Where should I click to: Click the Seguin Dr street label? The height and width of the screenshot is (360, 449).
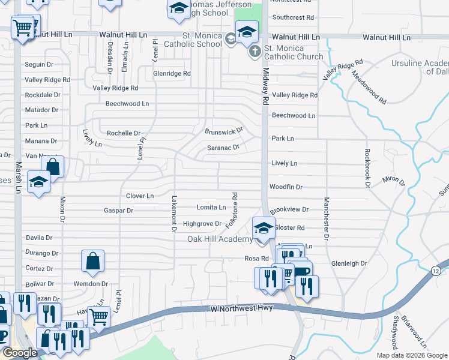[39, 65]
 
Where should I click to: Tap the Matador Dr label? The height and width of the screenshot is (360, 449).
[41, 110]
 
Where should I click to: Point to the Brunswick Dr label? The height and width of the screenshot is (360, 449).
[224, 131]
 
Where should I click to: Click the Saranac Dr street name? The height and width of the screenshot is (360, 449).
[223, 147]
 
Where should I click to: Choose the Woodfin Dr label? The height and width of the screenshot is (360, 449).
[286, 187]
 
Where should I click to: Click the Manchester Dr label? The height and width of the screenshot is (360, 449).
[327, 218]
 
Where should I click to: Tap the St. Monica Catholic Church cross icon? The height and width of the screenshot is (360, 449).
[255, 51]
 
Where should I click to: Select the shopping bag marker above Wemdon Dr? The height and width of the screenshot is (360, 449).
[92, 262]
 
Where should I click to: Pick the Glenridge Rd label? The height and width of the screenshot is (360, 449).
[172, 74]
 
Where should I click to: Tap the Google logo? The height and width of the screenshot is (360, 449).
[20, 353]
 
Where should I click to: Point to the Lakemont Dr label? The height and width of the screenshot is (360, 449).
[173, 214]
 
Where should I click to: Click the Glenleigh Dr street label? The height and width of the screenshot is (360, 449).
[348, 263]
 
